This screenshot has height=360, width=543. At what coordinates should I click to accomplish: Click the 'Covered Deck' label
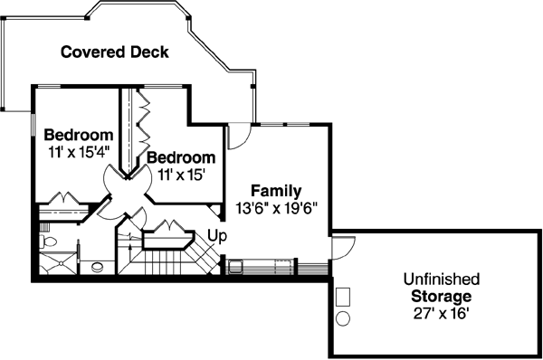point(114,52)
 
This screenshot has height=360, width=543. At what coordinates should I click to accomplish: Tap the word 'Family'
point(276,191)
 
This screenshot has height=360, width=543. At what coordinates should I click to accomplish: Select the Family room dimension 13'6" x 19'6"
point(276,207)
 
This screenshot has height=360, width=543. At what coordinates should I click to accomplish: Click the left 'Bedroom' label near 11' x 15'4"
point(79,136)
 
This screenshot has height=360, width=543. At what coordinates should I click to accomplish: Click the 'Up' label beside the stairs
point(217,236)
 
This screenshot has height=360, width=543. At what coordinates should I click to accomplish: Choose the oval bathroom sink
point(96,267)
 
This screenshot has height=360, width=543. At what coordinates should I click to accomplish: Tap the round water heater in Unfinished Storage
point(344,318)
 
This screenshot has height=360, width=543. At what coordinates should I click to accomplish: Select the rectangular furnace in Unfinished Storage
point(344,297)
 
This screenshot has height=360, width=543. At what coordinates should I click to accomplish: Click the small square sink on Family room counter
point(235,266)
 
